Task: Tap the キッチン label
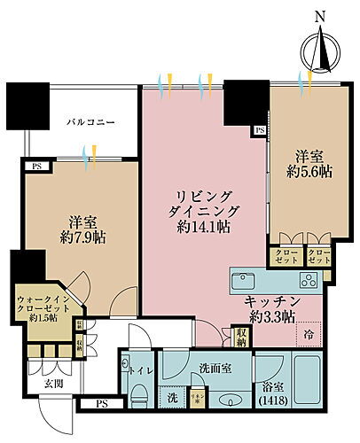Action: pyautogui.click(x=271, y=302)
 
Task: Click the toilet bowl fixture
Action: pyautogui.click(x=140, y=395)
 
